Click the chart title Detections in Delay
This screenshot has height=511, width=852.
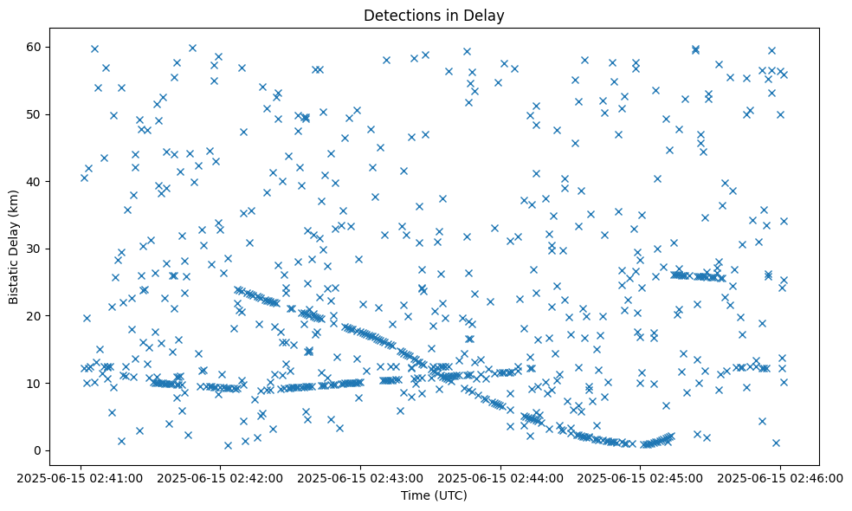434,15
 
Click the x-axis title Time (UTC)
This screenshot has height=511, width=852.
434,495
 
